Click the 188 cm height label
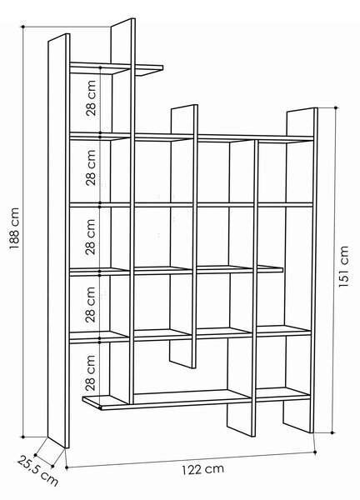(15, 228)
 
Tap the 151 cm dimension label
(343, 267)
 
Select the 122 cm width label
(202, 469)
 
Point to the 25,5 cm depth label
(37, 471)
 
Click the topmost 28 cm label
(91, 97)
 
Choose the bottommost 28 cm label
(91, 372)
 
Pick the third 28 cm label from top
(91, 237)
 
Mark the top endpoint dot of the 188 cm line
(23, 27)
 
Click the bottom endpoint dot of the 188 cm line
(23, 437)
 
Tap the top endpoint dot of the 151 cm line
(336, 107)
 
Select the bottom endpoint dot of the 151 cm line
(332, 432)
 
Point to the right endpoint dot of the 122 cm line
(315, 452)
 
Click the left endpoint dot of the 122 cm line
(67, 467)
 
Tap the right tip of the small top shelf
(162, 67)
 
